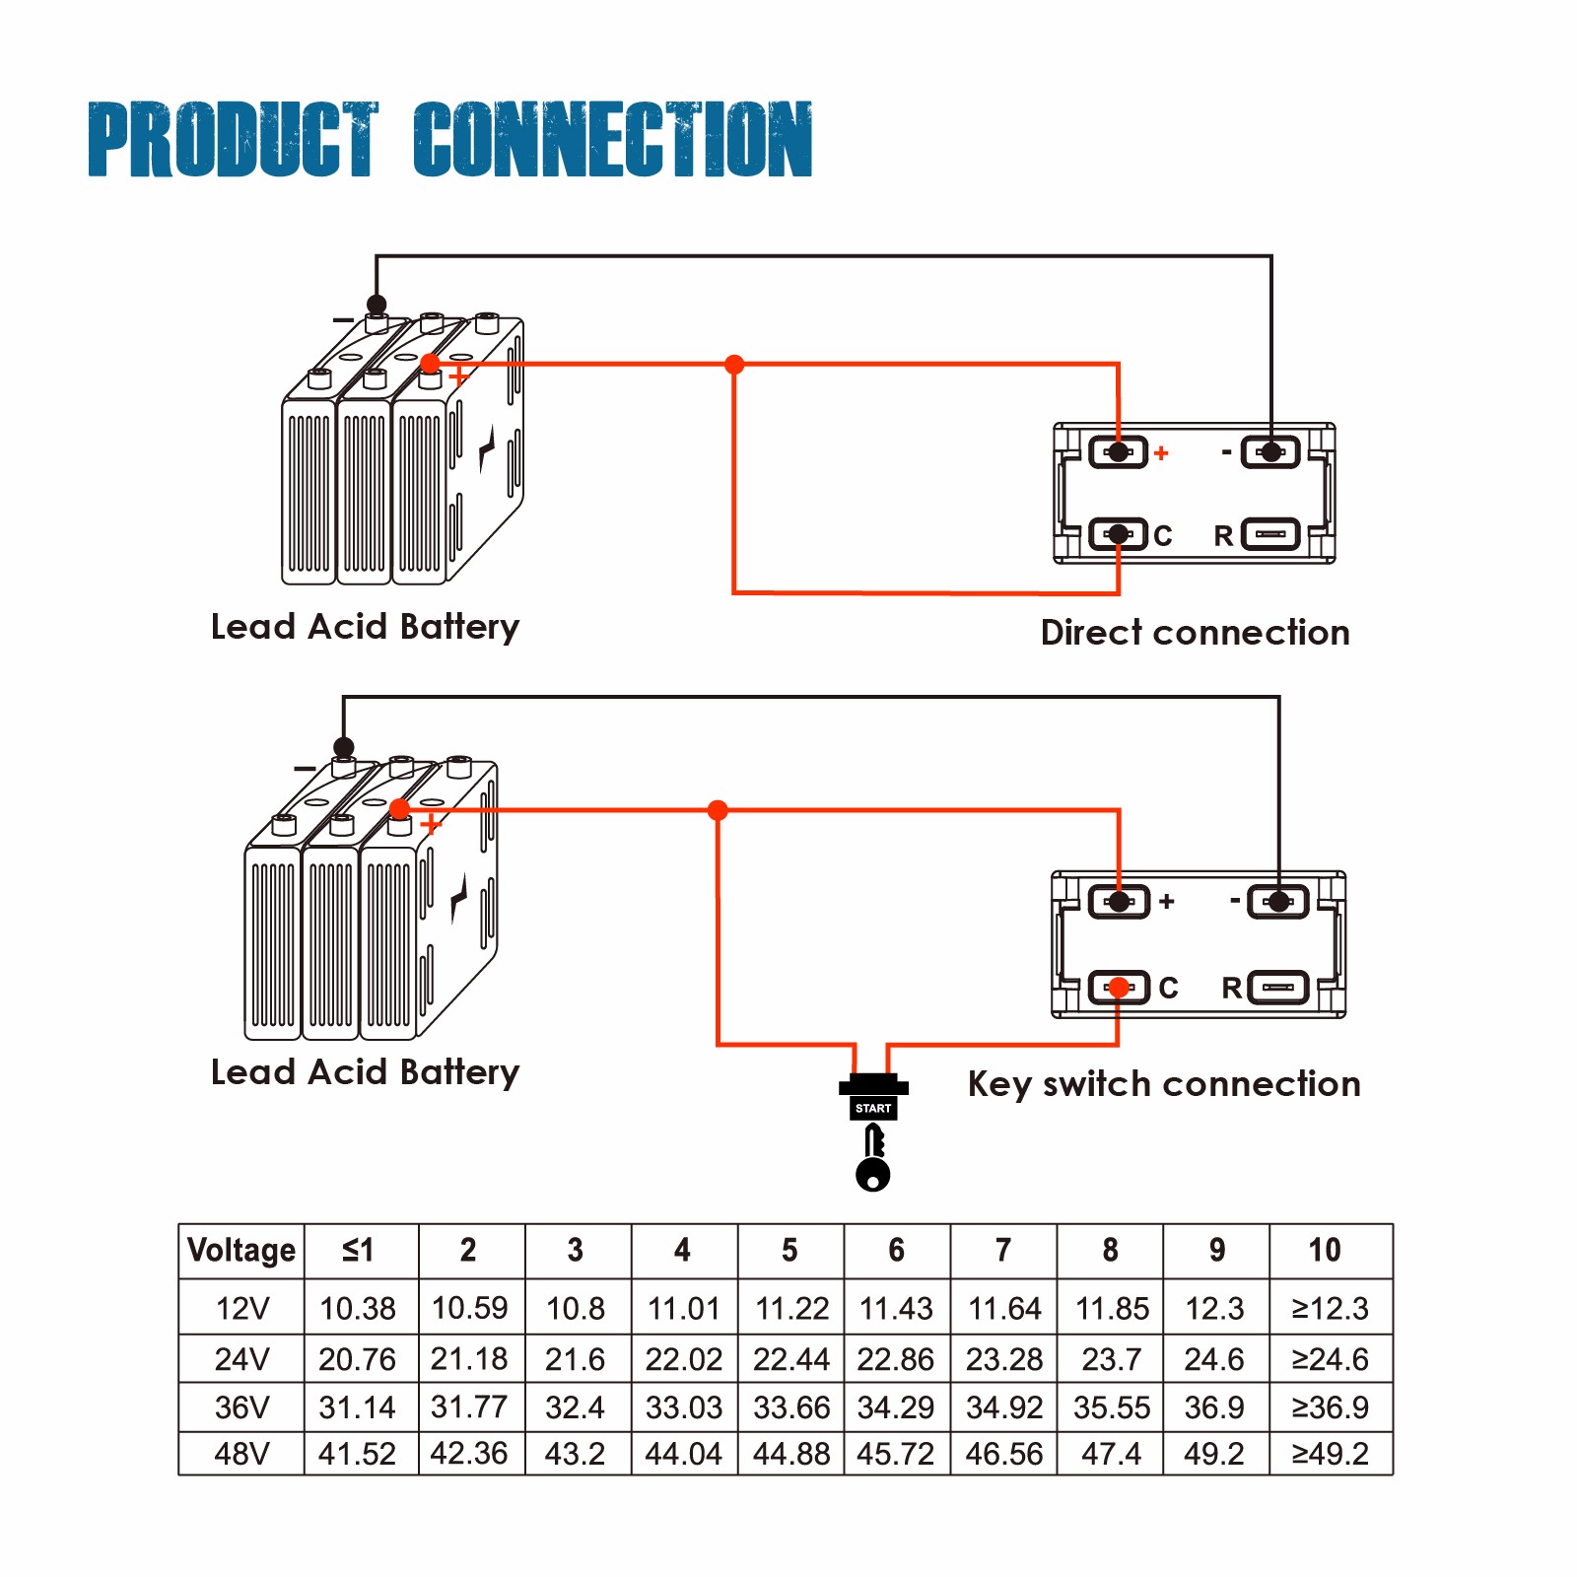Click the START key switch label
pos(873,1108)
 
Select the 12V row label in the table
pos(241,1308)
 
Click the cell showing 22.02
pos(684,1359)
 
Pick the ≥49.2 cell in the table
pos(1331,1453)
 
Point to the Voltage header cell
pos(241,1250)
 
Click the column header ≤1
pos(359,1250)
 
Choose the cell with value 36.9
pos(1214,1406)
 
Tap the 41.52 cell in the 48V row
pos(357,1453)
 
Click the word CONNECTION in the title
pos(612,140)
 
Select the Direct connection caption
pos(1195,632)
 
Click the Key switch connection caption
pos(1164,1083)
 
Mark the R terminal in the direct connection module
pos(1270,534)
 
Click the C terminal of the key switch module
pos(1119,987)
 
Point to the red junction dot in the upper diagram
pos(734,365)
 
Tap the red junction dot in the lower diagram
pos(718,810)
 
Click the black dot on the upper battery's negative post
pos(377,305)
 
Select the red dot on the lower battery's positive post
pos(399,809)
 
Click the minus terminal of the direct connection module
pos(1271,452)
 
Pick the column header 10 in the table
pos(1325,1250)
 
